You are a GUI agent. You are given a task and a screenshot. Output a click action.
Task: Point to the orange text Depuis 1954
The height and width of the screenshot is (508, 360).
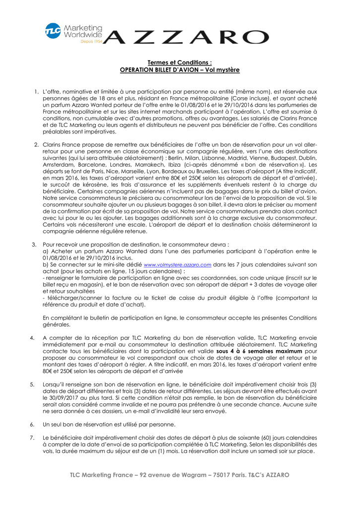pyautogui.click(x=91, y=42)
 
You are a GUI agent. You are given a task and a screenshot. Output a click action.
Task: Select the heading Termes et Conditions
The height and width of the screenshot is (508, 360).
pyautogui.click(x=180, y=63)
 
